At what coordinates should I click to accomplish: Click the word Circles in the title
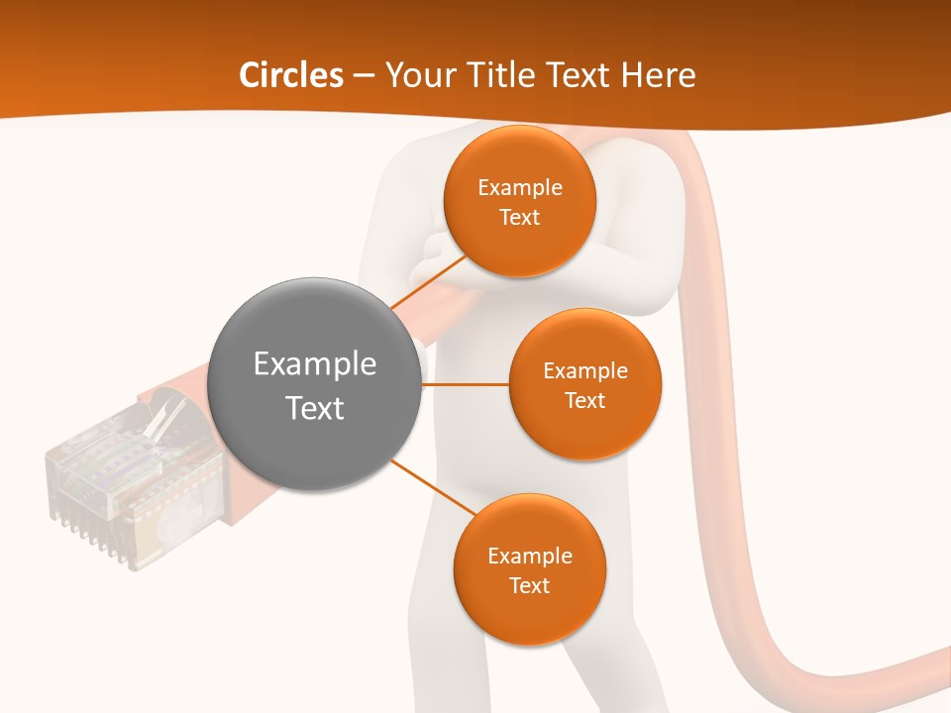[x=291, y=75]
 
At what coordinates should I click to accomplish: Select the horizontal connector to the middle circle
[x=466, y=384]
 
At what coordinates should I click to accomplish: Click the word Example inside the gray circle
[x=315, y=363]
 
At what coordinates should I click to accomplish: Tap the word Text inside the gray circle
[x=315, y=408]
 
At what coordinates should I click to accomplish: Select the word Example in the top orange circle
[x=519, y=188]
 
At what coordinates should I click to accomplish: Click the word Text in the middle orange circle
[x=584, y=400]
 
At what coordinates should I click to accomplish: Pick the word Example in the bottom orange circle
[x=529, y=556]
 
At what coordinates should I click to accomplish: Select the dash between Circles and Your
[x=364, y=76]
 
